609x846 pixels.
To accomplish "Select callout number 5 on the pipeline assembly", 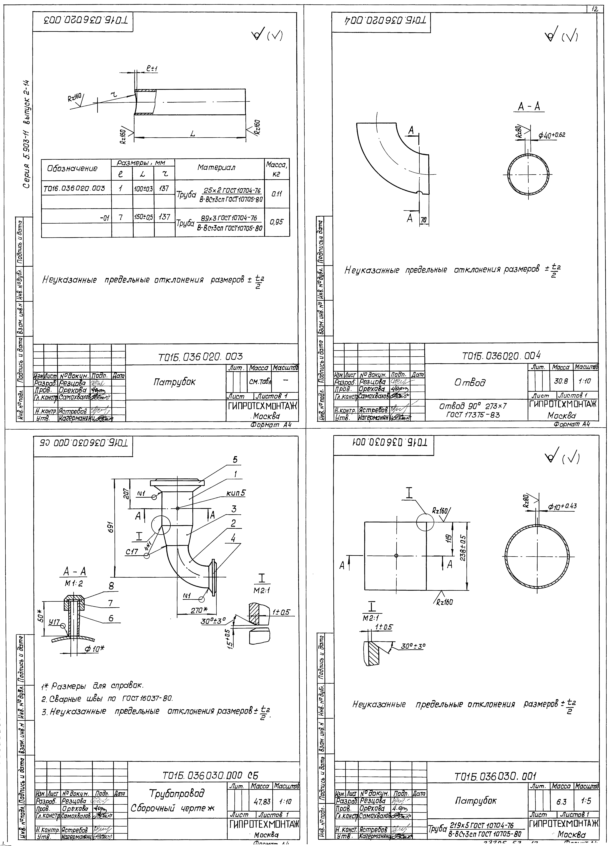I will tap(235, 460).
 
